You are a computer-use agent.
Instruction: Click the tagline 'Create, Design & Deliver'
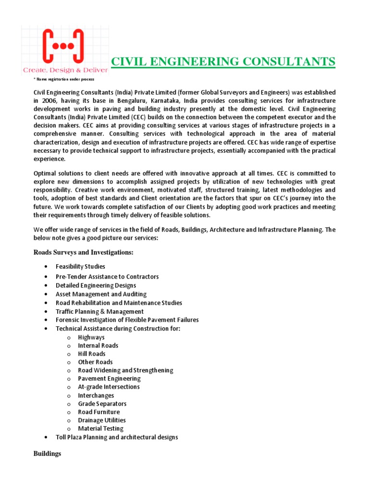pos(65,70)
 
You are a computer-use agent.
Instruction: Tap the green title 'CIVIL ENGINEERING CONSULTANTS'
pos(223,61)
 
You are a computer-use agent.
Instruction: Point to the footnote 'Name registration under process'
pos(64,79)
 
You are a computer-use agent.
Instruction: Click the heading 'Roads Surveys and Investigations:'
pos(83,253)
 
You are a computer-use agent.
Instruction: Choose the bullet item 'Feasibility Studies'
pos(80,267)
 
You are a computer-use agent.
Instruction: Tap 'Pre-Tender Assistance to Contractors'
pos(107,277)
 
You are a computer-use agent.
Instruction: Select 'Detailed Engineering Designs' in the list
pos(96,285)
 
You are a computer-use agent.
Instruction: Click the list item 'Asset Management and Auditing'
pos(101,294)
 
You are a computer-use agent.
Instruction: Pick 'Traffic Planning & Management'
pos(99,311)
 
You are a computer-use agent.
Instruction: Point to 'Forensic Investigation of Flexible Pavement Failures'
pos(127,320)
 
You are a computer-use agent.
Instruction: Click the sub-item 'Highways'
pos(91,337)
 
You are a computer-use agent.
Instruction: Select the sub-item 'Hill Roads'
pos(92,354)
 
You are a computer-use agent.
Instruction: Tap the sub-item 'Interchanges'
pos(96,395)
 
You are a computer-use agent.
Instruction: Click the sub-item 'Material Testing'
pos(100,429)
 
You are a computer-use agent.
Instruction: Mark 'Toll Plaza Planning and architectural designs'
pos(117,437)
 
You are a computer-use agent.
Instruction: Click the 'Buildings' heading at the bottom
pos(47,454)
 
